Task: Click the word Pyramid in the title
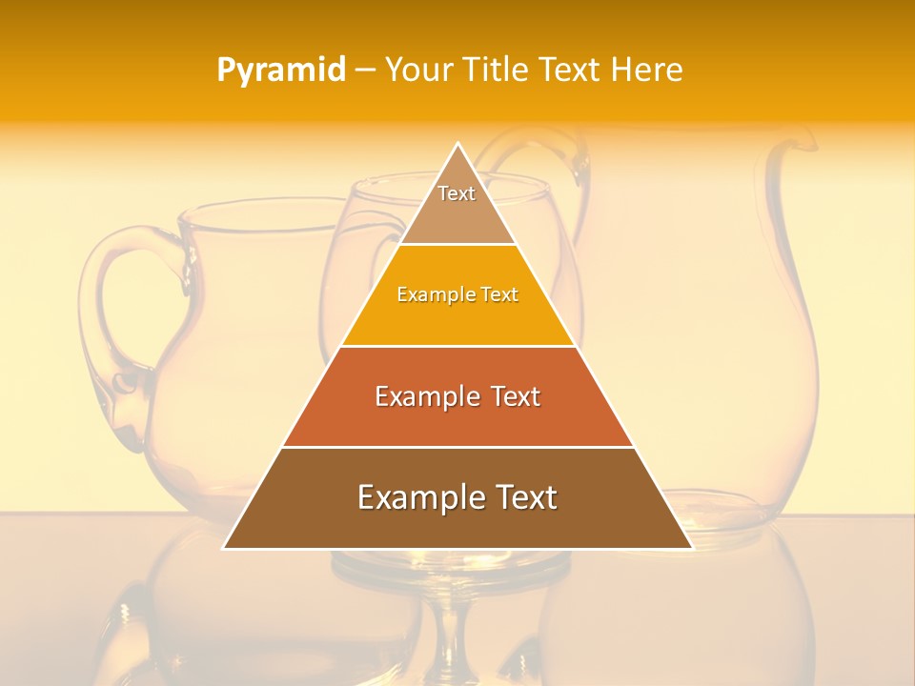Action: (281, 71)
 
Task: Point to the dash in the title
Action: (365, 71)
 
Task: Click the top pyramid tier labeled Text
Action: (457, 205)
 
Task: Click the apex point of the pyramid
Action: (458, 144)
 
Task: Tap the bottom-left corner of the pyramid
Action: (225, 548)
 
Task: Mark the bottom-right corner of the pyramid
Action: (692, 548)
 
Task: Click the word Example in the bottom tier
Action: (419, 497)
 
